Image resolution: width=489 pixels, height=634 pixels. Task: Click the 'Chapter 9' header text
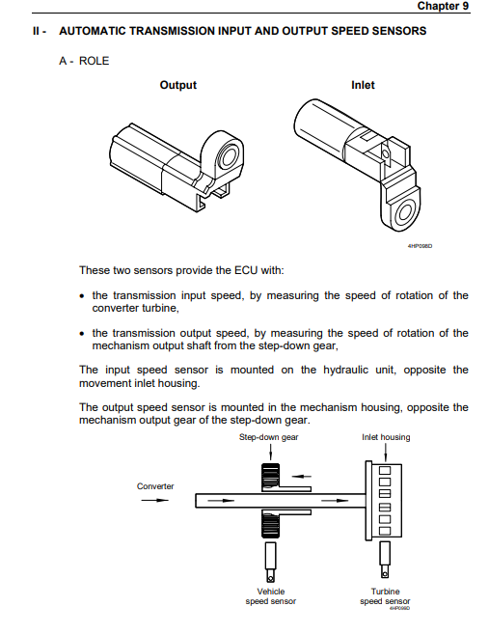tap(443, 6)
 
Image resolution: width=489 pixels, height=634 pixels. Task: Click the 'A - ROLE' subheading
tap(84, 61)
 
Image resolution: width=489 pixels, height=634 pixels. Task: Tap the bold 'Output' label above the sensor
tap(177, 85)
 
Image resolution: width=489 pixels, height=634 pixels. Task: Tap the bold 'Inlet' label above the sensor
tap(363, 85)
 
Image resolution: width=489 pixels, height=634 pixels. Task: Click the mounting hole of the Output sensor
tap(227, 156)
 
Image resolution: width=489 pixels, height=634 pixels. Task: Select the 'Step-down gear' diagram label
tap(268, 437)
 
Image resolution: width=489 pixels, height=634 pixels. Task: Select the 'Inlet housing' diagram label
tap(386, 437)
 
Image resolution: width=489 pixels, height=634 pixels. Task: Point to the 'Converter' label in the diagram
tap(155, 486)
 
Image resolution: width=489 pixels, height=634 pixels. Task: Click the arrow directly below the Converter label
tap(154, 501)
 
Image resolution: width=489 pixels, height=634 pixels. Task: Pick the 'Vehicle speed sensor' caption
tap(271, 596)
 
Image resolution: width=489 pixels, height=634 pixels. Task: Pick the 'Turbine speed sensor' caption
tap(385, 596)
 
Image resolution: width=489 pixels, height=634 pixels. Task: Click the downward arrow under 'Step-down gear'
tap(271, 452)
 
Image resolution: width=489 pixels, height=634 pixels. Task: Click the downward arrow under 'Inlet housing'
tap(386, 452)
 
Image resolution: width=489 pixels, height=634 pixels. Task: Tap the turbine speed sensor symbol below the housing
tap(385, 560)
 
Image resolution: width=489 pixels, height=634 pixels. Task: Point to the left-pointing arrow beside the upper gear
tap(302, 477)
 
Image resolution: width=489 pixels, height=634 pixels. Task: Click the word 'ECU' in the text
tap(246, 270)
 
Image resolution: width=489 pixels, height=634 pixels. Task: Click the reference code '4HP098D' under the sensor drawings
tap(420, 246)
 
